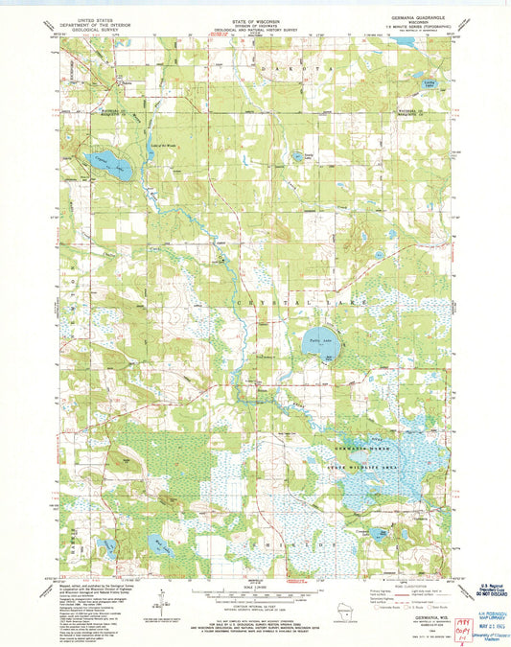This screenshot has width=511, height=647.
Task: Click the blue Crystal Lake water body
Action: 100,162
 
